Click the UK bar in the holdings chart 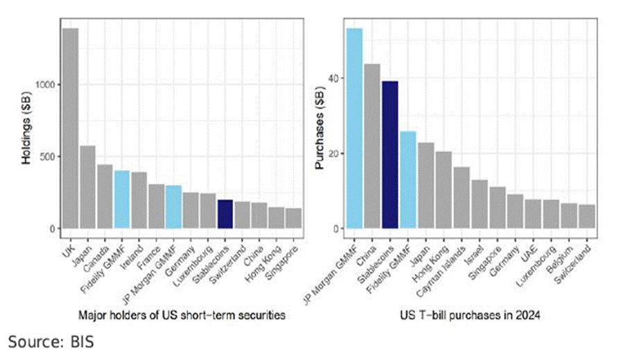coord(70,128)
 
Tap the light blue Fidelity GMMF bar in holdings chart coord(121,200)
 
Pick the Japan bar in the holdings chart coord(87,187)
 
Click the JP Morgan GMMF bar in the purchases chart coord(354,128)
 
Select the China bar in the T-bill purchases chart coord(372,146)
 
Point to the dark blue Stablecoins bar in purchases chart coord(390,155)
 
